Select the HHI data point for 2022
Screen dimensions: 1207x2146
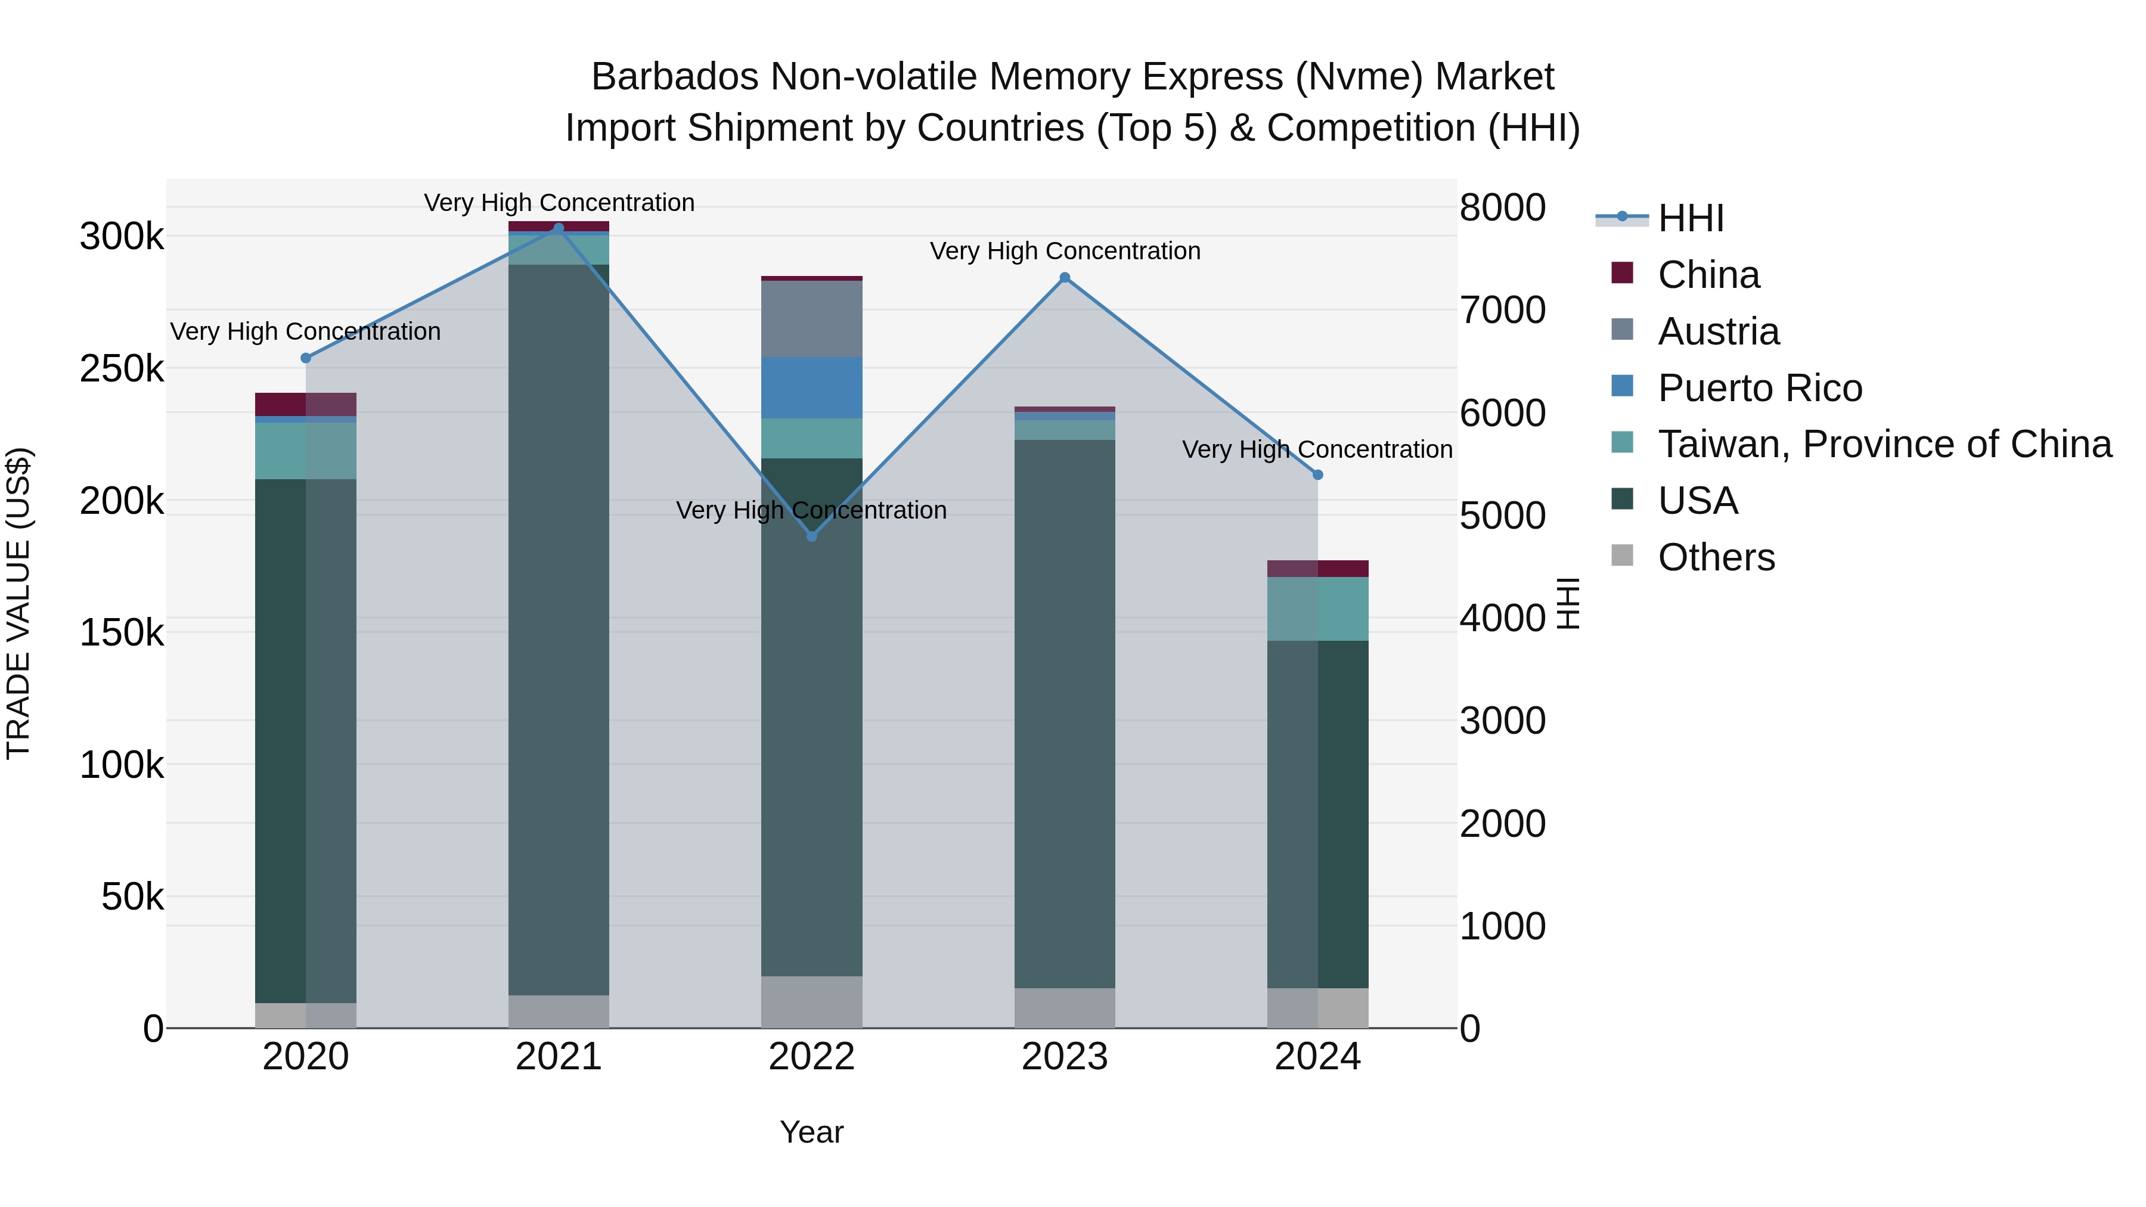tap(812, 536)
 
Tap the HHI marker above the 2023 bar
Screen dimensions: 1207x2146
tap(1065, 277)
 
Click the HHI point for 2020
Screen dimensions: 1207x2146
tap(306, 358)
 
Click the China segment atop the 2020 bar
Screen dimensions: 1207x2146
tap(306, 404)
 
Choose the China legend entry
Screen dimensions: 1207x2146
tap(1708, 275)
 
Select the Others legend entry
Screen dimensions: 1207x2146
tap(1716, 557)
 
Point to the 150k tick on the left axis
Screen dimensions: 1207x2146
tap(122, 633)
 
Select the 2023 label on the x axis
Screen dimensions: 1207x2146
tap(1065, 1057)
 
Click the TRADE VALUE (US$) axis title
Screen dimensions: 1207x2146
tap(18, 603)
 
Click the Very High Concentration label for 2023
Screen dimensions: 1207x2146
tap(1065, 251)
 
